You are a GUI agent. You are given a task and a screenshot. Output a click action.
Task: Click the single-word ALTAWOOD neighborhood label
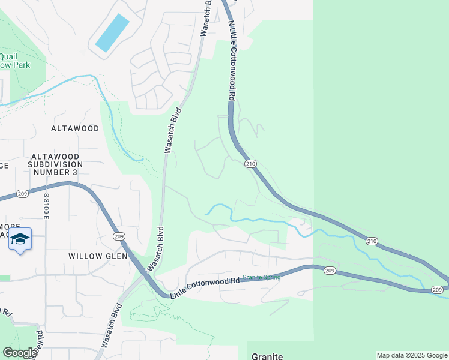(x=75, y=128)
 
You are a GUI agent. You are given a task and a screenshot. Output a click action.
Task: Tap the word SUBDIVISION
(x=56, y=164)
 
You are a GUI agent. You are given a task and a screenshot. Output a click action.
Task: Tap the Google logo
(x=20, y=353)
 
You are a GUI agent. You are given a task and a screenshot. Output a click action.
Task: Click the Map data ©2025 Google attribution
(x=412, y=356)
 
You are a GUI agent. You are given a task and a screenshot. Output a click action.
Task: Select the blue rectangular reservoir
(x=112, y=32)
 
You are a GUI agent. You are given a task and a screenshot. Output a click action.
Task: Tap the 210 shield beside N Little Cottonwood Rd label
(x=250, y=164)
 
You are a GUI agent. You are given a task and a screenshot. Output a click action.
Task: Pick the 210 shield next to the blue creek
(x=372, y=241)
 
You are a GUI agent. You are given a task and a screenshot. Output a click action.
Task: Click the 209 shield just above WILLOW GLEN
(x=118, y=236)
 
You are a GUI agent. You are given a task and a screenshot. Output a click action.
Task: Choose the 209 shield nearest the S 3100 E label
(x=23, y=194)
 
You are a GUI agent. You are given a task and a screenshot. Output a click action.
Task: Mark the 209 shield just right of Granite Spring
(x=329, y=271)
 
